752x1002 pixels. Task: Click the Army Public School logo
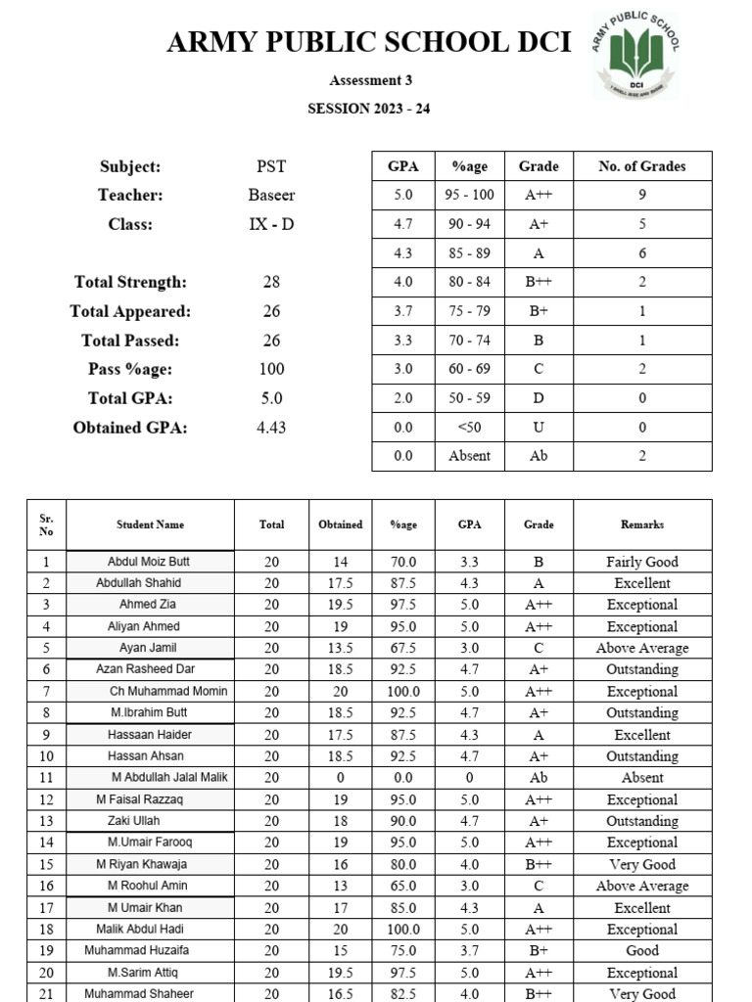(x=634, y=55)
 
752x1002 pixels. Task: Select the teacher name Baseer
(x=271, y=195)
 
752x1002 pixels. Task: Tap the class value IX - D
(x=271, y=224)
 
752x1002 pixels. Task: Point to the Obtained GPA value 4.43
(x=271, y=428)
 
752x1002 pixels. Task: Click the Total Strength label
(x=130, y=282)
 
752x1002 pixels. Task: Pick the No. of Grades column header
(x=642, y=166)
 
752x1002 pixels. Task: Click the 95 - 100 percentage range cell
(x=470, y=195)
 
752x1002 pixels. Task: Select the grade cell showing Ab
(x=539, y=456)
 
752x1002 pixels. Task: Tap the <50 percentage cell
(x=470, y=427)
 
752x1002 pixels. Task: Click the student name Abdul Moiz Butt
(x=149, y=562)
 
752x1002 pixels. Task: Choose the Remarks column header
(x=642, y=524)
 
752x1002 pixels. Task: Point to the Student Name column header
(x=150, y=524)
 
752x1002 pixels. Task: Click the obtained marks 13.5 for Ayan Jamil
(x=340, y=648)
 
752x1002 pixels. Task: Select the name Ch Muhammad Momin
(x=168, y=691)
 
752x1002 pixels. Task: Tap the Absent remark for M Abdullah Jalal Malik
(x=642, y=778)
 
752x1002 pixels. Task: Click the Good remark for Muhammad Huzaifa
(x=642, y=950)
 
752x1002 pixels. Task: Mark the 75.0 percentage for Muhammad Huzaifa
(x=403, y=950)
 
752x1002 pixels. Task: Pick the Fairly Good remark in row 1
(x=642, y=562)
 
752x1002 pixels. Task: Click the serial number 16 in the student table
(x=46, y=886)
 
